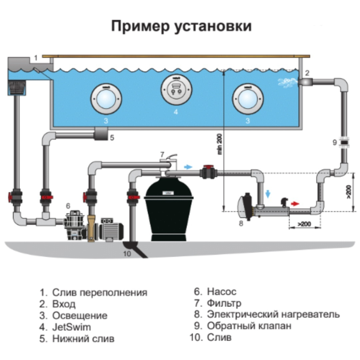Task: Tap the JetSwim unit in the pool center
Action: click(x=176, y=88)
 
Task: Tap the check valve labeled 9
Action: click(x=343, y=143)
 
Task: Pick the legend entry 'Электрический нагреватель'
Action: click(x=273, y=314)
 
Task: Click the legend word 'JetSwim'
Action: click(x=71, y=327)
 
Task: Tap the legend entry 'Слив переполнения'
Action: click(x=99, y=293)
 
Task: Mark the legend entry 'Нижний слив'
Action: click(x=83, y=339)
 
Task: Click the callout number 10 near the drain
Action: click(x=127, y=254)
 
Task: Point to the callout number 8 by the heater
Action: click(x=241, y=223)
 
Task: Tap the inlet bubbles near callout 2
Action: click(x=286, y=81)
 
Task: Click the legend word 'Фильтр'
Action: click(x=224, y=303)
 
